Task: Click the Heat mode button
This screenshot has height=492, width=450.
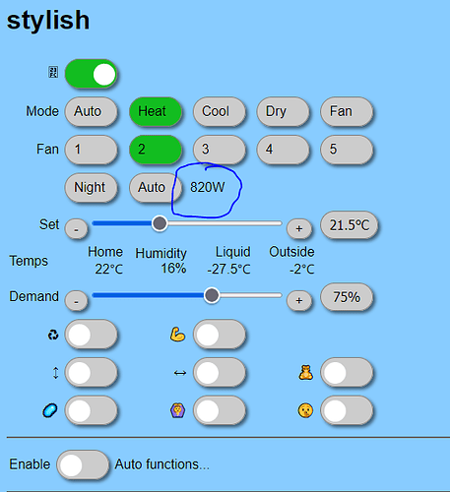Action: (156, 111)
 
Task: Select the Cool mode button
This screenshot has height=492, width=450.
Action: (220, 111)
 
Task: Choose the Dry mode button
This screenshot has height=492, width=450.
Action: (283, 111)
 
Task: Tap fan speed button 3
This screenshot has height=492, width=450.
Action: (220, 150)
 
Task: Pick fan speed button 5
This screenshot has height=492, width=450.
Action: (347, 150)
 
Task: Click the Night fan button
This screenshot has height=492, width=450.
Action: (91, 187)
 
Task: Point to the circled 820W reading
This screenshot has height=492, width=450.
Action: (208, 187)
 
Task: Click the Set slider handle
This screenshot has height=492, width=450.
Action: (160, 223)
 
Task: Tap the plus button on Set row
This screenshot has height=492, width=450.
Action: (299, 228)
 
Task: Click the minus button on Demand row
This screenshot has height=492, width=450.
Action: (76, 300)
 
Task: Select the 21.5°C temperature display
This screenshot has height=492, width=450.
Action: (350, 225)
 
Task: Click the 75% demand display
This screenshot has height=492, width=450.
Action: (347, 297)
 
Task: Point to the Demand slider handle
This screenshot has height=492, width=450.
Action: (212, 295)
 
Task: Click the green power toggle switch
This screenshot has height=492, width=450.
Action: (91, 74)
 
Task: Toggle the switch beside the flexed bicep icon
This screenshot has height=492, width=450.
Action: (220, 335)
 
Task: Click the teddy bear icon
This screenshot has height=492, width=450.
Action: (305, 373)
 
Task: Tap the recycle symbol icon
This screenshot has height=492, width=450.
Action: (53, 335)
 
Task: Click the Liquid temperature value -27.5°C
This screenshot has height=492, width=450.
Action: (228, 270)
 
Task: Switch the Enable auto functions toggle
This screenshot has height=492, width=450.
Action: (83, 464)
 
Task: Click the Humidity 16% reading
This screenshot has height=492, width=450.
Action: (173, 269)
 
